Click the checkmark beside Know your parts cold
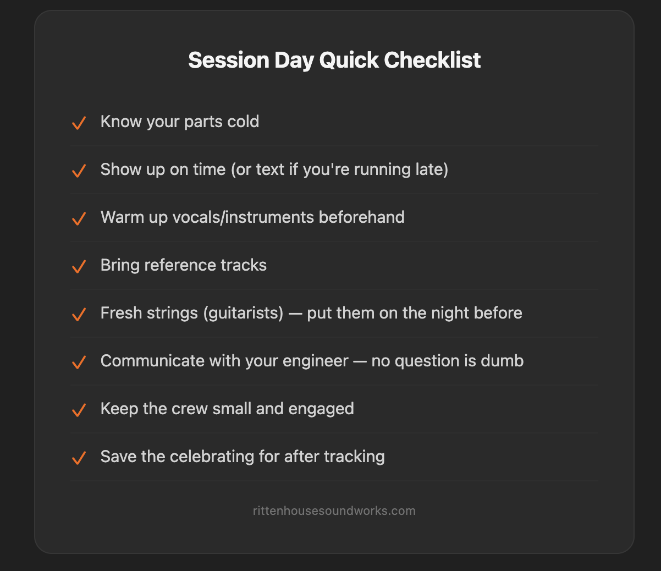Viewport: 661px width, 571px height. coord(79,123)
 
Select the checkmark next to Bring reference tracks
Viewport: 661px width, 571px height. coord(79,266)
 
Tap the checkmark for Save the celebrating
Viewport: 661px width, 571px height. coord(79,458)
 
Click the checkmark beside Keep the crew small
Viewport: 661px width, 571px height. coord(79,410)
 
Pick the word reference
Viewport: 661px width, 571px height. coord(180,265)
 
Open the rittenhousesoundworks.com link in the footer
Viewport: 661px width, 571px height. coord(334,510)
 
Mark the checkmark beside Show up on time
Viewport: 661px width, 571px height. coord(79,171)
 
